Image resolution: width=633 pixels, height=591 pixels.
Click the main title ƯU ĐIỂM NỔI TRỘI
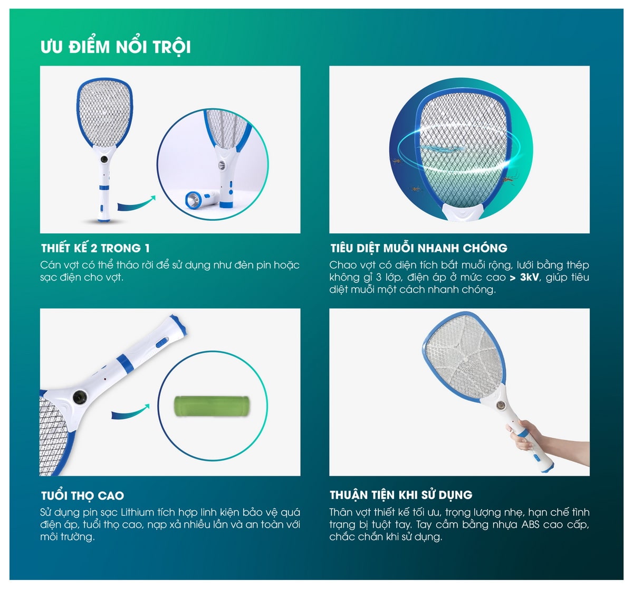(x=116, y=47)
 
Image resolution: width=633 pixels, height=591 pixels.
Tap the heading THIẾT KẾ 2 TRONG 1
(x=95, y=248)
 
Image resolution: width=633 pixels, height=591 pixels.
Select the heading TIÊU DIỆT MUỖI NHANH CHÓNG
(x=419, y=248)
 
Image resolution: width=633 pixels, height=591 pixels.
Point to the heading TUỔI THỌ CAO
(x=82, y=495)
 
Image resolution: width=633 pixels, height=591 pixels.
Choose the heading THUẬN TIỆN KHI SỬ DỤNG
(x=401, y=495)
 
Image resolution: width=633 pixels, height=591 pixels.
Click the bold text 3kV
(x=530, y=277)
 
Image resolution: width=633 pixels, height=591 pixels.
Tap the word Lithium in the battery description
(x=137, y=512)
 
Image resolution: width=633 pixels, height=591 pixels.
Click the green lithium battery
(x=212, y=406)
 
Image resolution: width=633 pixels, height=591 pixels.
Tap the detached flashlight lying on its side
(x=202, y=200)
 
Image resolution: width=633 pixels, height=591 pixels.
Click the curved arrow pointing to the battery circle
(x=130, y=411)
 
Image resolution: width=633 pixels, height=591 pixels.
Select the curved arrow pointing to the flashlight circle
(x=137, y=203)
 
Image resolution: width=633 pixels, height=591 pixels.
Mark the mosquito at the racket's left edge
(x=397, y=161)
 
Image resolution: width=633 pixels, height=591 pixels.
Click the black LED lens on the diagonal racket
(x=79, y=397)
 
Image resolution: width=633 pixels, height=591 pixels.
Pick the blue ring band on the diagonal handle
(x=125, y=364)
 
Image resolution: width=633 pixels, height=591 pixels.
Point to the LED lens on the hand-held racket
(x=500, y=405)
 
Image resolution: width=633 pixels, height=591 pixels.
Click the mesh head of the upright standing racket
(x=104, y=112)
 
